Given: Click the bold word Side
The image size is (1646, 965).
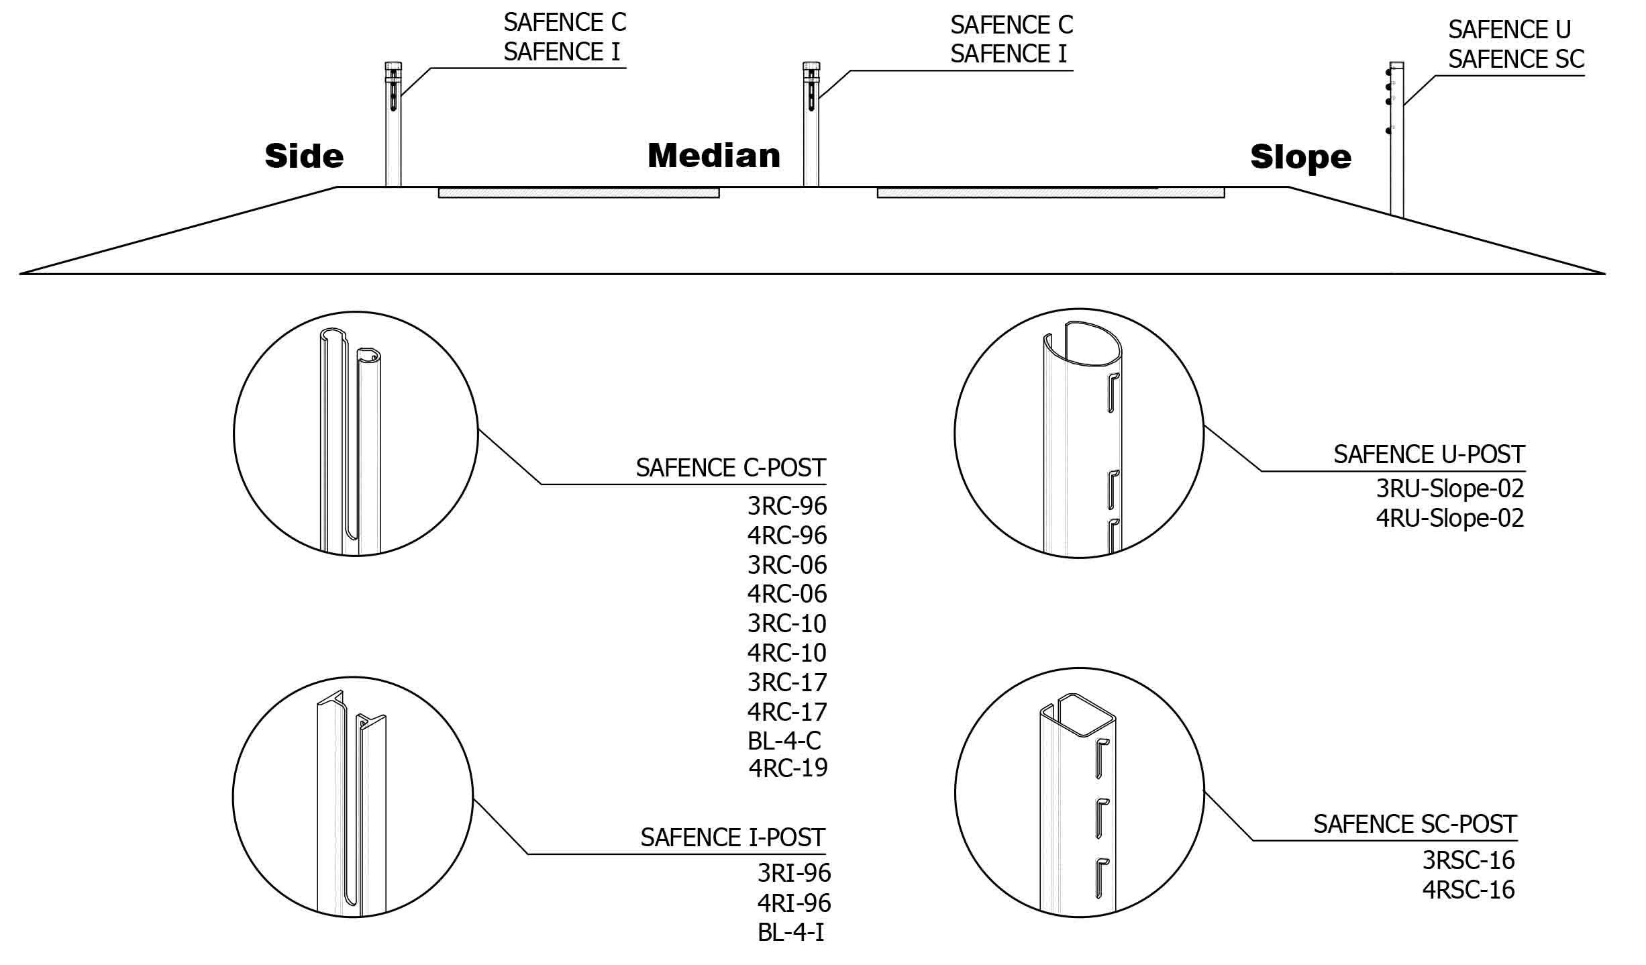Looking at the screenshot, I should point(304,156).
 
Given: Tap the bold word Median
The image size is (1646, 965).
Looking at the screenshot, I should point(714,156).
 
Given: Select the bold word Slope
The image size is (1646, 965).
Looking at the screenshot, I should point(1300,157).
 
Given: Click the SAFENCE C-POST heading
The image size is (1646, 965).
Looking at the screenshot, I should point(730,468).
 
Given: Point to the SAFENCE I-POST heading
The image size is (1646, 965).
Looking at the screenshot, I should point(732,837).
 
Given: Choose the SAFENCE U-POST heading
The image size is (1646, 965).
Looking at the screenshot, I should point(1429,455).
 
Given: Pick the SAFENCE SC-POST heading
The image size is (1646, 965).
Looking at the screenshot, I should point(1414,824).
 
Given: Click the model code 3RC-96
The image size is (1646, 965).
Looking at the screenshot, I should point(787,506).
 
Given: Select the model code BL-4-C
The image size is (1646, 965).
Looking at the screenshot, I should point(784,741).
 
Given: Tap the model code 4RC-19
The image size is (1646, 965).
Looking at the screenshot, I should point(788,768).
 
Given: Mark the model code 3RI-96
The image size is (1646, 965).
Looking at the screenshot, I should point(794,873).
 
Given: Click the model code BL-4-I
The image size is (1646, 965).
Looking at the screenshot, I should point(790,932).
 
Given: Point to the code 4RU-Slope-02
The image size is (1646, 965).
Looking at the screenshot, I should point(1449,518).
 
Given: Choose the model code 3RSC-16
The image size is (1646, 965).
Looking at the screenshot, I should point(1468,860).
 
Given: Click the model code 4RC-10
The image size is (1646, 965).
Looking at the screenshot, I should point(787,653).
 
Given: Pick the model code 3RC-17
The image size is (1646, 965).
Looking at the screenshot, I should point(787,682).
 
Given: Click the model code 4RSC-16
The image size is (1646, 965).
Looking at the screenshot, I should point(1468,890).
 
